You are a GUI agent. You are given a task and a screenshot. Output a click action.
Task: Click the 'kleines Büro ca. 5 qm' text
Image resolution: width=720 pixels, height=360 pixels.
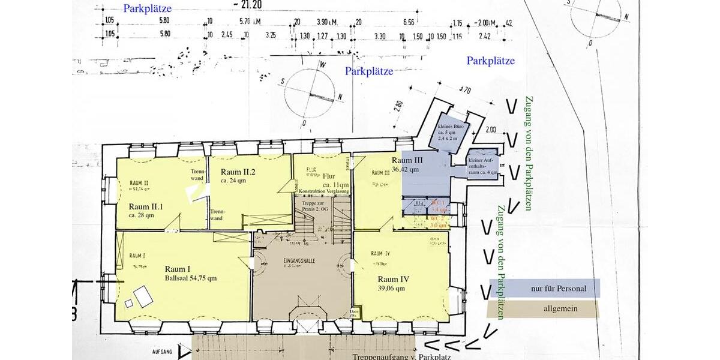point(453,132)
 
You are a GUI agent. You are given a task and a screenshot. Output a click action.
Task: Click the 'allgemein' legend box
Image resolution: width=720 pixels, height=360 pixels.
point(544,309)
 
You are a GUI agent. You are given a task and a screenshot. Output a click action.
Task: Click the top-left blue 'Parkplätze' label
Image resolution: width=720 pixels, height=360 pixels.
point(147,9)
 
